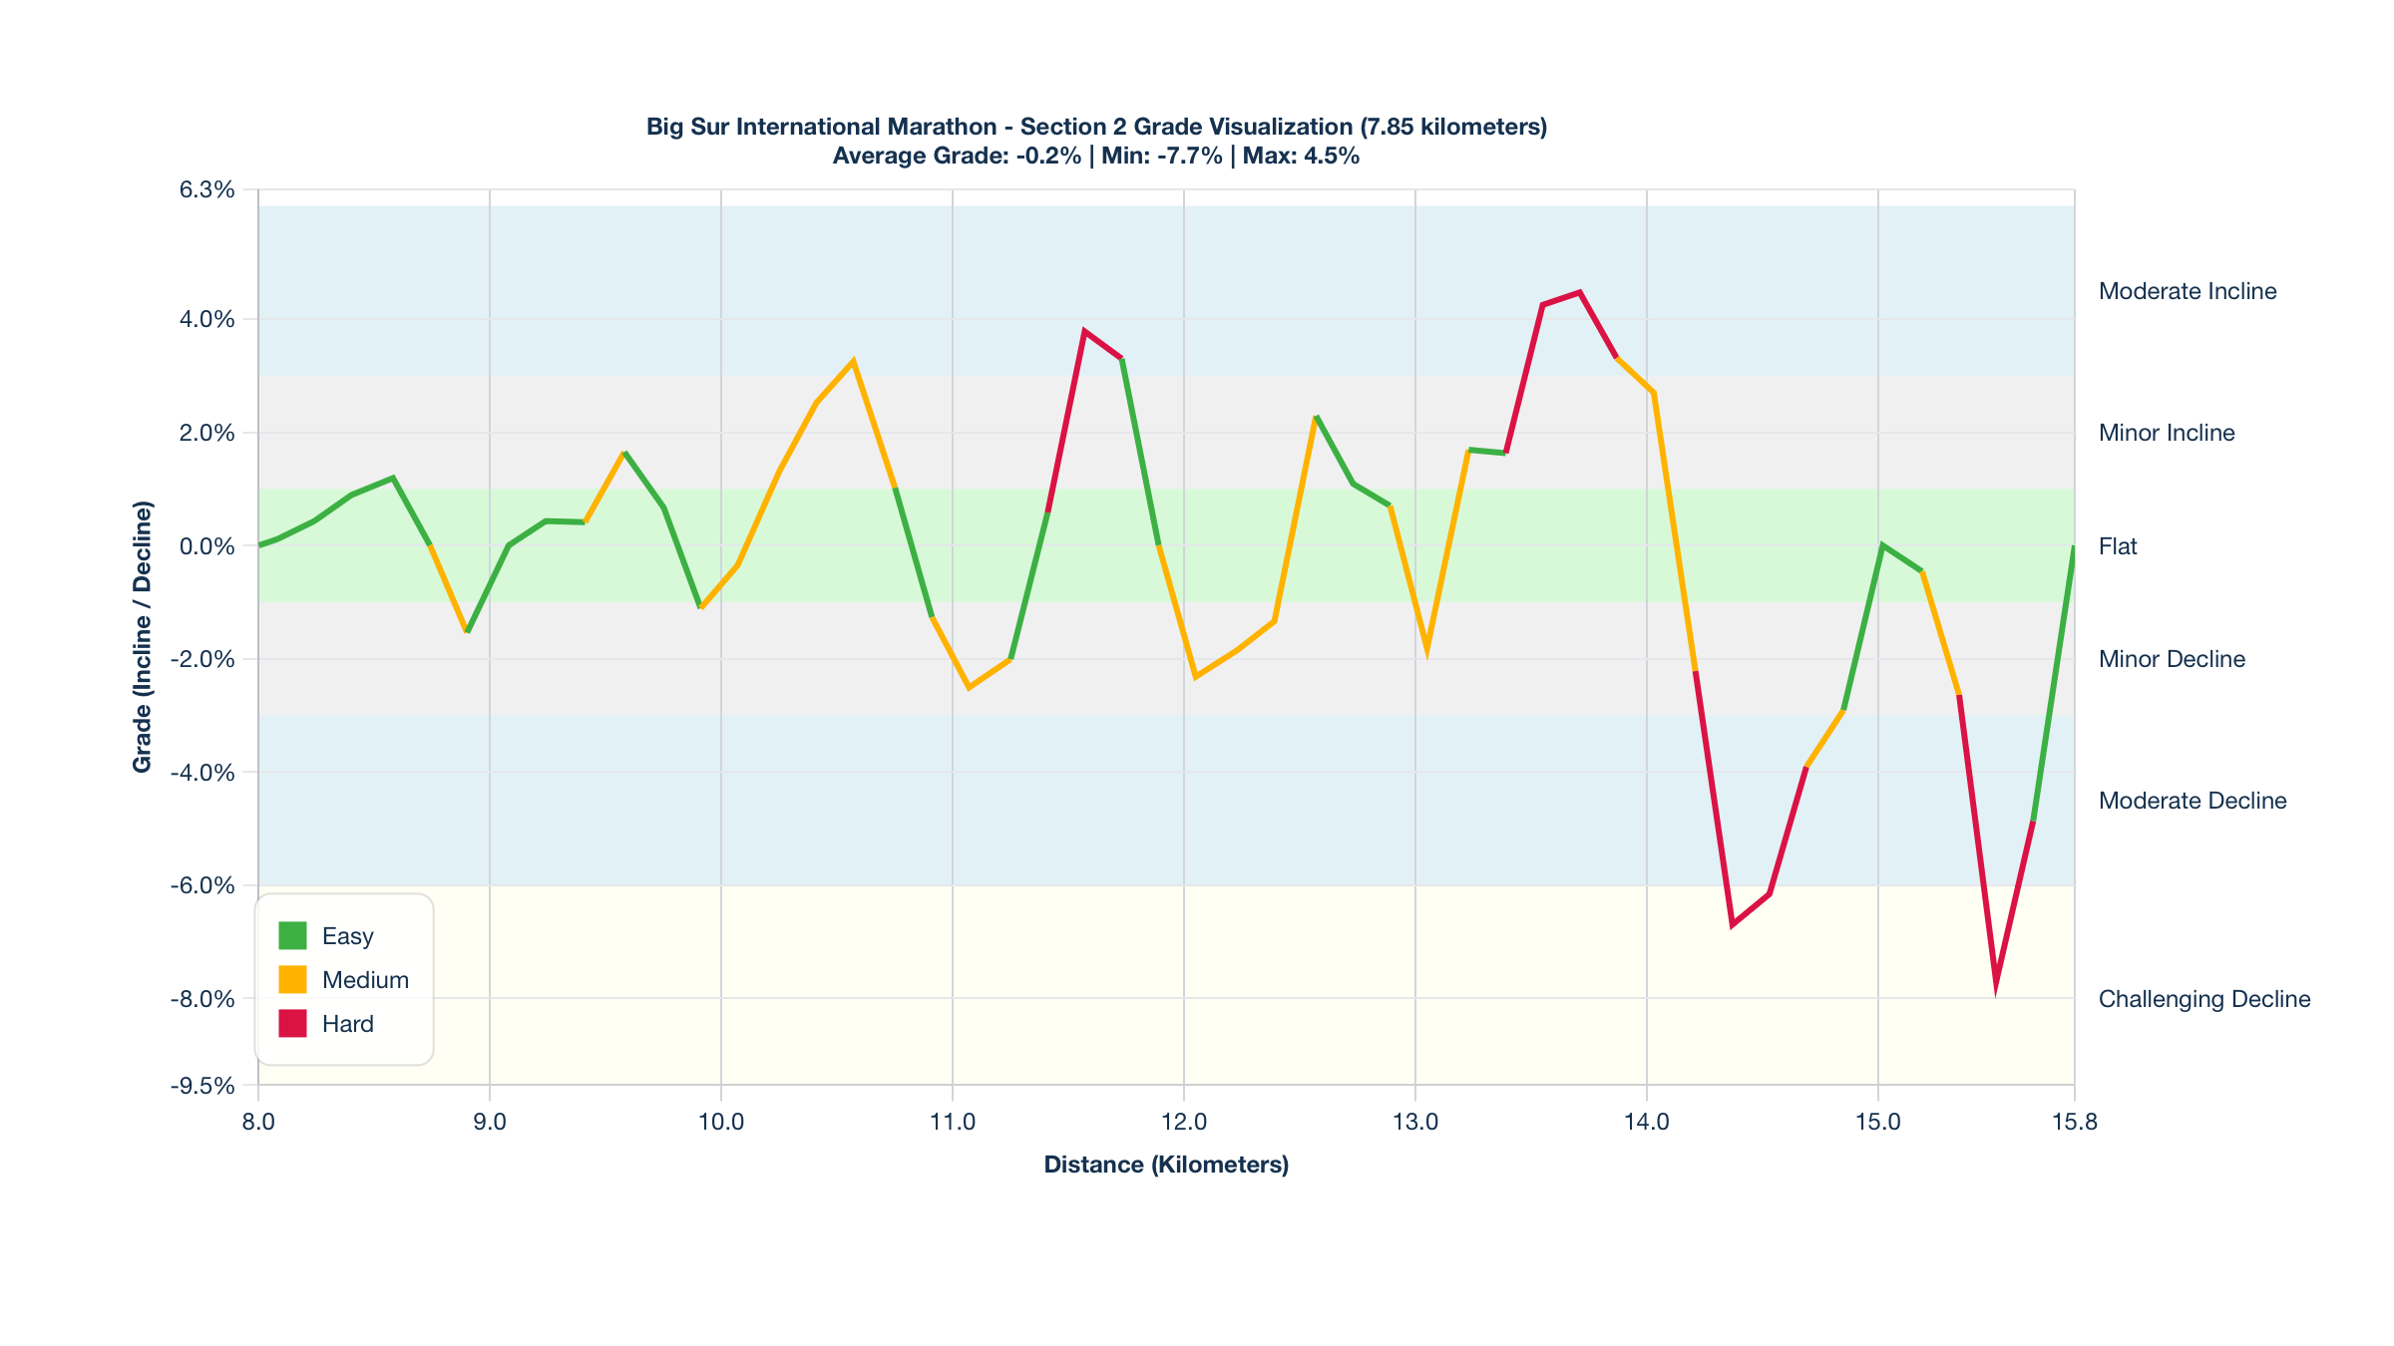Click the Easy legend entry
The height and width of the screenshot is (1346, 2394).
point(346,936)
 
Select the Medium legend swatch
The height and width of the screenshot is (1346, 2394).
point(292,980)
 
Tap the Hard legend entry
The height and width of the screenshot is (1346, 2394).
point(346,1024)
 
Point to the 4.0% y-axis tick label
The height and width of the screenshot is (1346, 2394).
point(207,319)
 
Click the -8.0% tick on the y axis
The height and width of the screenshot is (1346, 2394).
point(202,999)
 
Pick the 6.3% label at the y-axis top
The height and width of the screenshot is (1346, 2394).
point(207,189)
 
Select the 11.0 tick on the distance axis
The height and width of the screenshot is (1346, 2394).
point(953,1122)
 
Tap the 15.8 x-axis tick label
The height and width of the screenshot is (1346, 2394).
point(2075,1122)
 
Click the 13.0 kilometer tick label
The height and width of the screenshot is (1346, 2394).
point(1415,1122)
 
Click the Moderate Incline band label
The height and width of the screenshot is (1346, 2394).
point(2188,291)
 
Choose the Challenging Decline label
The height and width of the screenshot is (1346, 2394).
point(2204,999)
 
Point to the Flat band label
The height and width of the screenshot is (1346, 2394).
point(2118,546)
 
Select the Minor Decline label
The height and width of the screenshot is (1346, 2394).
point(2172,659)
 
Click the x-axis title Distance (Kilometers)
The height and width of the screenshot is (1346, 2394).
point(1166,1165)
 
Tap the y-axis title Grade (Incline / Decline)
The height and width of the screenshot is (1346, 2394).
point(143,637)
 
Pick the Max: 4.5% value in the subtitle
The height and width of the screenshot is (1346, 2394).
point(1301,156)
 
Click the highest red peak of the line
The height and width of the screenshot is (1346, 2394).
point(1580,292)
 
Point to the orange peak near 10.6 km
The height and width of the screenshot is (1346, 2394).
point(853,362)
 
